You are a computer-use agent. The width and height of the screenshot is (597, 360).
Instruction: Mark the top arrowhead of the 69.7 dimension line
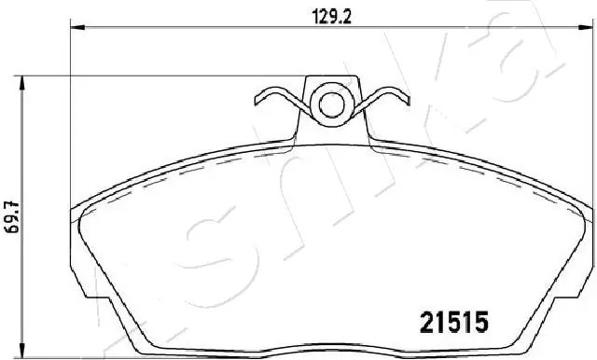point(22,84)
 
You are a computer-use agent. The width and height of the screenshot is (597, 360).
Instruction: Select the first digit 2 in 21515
point(420,323)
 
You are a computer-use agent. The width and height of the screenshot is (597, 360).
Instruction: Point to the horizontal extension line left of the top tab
point(140,79)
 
